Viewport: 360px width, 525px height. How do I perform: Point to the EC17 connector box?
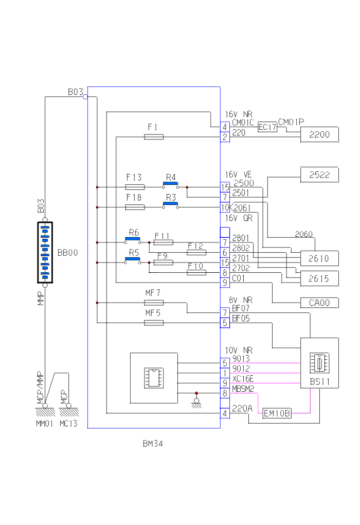point(267,127)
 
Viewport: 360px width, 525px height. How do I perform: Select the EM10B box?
point(277,413)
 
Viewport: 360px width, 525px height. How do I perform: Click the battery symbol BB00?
point(45,253)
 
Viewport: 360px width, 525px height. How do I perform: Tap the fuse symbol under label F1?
point(154,137)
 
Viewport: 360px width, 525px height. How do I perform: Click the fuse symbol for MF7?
point(154,303)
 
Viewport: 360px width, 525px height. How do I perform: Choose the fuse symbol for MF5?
point(154,323)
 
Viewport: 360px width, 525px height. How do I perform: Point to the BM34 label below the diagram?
point(153,443)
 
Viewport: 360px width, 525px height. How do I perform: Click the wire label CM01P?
point(291,121)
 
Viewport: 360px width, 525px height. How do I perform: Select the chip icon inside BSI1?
point(319,363)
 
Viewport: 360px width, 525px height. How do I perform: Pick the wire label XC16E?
point(243,379)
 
